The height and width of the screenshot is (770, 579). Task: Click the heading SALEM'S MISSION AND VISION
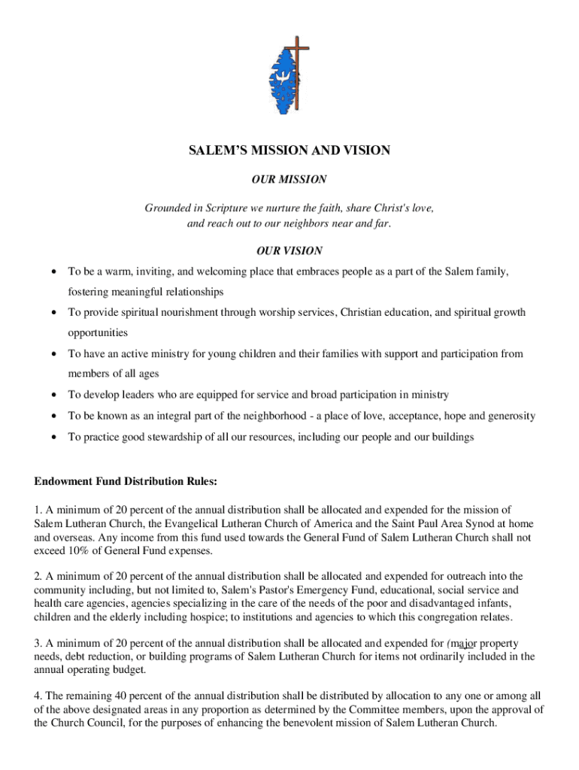[289, 150]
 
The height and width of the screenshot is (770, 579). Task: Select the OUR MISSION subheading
[289, 180]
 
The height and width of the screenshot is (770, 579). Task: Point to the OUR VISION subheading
[289, 250]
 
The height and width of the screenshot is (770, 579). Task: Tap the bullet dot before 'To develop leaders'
[54, 395]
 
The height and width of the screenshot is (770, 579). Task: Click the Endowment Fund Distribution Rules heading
[126, 480]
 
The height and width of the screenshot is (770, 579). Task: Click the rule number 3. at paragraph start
[38, 643]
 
